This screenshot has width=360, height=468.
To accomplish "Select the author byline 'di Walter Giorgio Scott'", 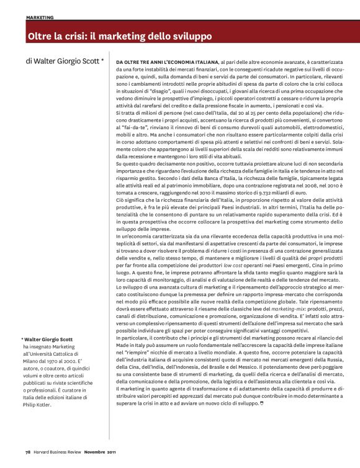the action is pos(64,62).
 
